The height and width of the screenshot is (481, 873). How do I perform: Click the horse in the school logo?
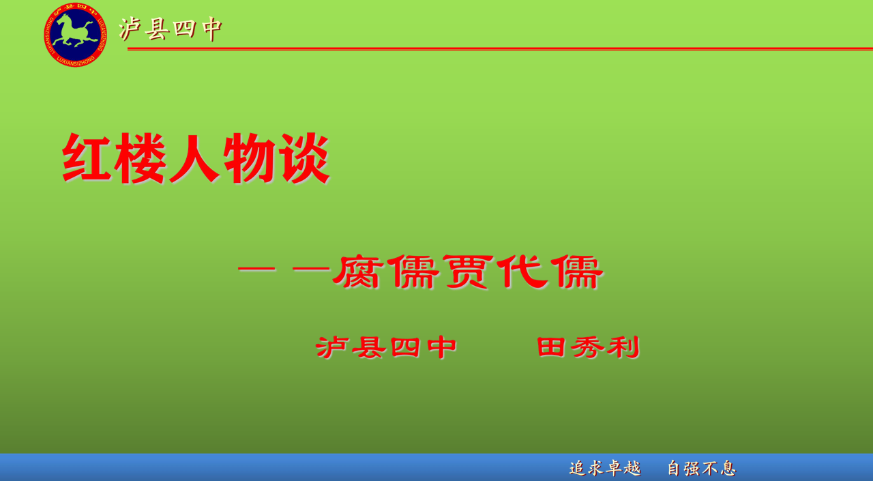coord(75,31)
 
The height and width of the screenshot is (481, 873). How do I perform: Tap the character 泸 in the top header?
coord(130,29)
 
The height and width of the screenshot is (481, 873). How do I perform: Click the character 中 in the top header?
coord(212,29)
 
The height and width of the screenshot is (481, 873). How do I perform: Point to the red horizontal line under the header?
coord(500,48)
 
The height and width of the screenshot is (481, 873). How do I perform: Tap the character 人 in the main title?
coord(194,158)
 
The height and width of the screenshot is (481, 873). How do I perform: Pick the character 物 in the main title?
coord(250,158)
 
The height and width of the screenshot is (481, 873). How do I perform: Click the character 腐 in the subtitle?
coord(356,272)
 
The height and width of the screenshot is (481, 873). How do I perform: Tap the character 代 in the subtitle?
coord(522,272)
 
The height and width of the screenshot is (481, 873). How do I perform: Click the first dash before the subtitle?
coord(257,269)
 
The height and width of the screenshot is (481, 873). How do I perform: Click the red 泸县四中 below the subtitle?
coord(386,347)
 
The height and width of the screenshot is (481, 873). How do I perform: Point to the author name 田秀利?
coord(589,347)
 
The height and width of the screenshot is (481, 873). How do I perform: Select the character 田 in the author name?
coord(551,347)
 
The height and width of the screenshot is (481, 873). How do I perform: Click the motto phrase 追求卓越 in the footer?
coord(605,468)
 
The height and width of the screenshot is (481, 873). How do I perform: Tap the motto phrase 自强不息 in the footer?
coord(702,468)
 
